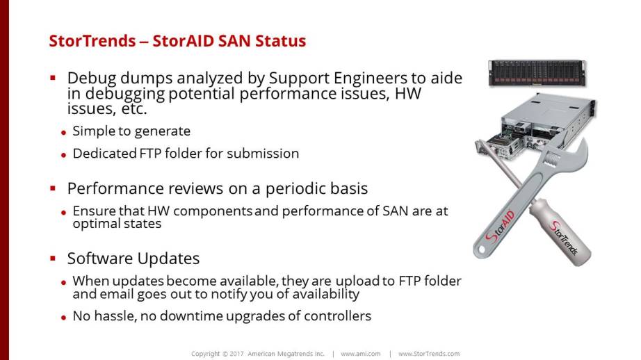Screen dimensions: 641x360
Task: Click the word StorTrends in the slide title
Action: [x=92, y=41]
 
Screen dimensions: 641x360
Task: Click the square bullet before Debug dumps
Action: [x=53, y=77]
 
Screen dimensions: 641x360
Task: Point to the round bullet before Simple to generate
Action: [x=63, y=133]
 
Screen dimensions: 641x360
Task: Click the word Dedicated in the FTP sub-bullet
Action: [x=105, y=153]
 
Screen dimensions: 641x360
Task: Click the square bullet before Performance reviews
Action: [x=53, y=188]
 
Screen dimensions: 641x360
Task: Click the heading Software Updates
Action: [x=133, y=259]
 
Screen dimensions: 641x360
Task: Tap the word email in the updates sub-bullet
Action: [x=117, y=294]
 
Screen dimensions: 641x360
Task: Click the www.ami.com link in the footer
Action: [x=361, y=354]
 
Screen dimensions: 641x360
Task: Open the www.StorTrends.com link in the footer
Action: [x=429, y=354]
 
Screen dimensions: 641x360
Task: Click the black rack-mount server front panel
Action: [x=537, y=73]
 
